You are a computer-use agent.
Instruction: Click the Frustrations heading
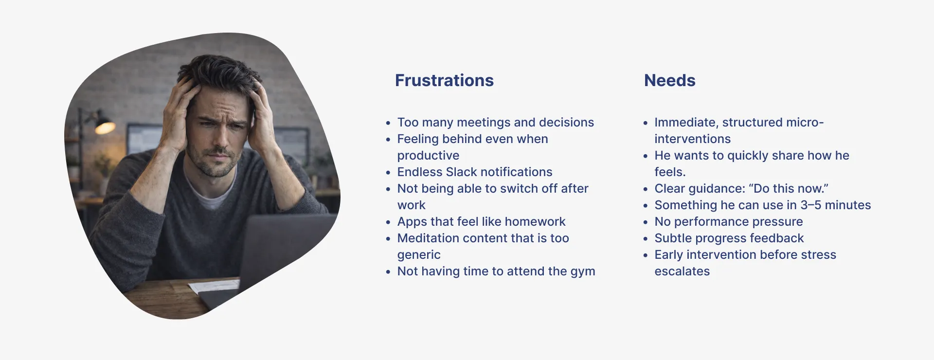click(x=444, y=80)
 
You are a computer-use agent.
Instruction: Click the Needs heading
click(x=669, y=80)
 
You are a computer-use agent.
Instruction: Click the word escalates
click(x=682, y=271)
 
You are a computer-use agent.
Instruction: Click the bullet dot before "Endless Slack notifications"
click(x=388, y=173)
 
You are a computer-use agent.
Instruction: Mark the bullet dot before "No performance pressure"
click(x=646, y=222)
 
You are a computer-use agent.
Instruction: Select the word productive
click(x=428, y=156)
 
